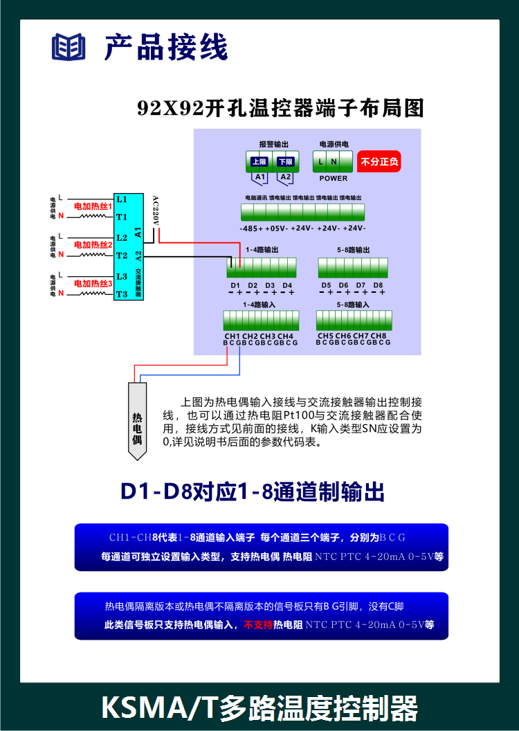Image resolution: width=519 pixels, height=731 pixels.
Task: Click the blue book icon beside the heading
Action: [69, 48]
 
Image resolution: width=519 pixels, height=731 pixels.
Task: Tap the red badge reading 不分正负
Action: [379, 163]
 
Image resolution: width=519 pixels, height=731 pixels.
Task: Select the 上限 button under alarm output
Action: [259, 162]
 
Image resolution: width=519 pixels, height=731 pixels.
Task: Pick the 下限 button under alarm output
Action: [285, 162]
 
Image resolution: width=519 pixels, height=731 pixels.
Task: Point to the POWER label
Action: [333, 178]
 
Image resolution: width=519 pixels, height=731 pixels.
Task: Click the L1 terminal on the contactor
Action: [122, 199]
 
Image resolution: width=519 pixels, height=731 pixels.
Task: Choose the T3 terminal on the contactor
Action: [122, 294]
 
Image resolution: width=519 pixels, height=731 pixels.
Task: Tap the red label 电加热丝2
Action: [93, 245]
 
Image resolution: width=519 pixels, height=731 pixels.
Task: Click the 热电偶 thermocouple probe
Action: [137, 419]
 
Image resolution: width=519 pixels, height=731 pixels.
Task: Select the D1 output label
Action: [235, 285]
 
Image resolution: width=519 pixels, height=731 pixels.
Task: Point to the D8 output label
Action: [378, 285]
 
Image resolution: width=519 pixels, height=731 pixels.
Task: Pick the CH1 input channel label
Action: [232, 336]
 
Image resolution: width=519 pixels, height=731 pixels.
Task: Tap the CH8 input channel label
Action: [379, 336]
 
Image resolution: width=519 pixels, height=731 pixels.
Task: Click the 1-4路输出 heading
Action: [261, 249]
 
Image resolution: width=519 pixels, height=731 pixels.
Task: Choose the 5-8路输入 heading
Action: [352, 305]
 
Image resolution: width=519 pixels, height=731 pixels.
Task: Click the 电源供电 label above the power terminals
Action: [333, 144]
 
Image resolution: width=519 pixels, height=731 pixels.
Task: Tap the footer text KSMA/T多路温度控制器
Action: [259, 709]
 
